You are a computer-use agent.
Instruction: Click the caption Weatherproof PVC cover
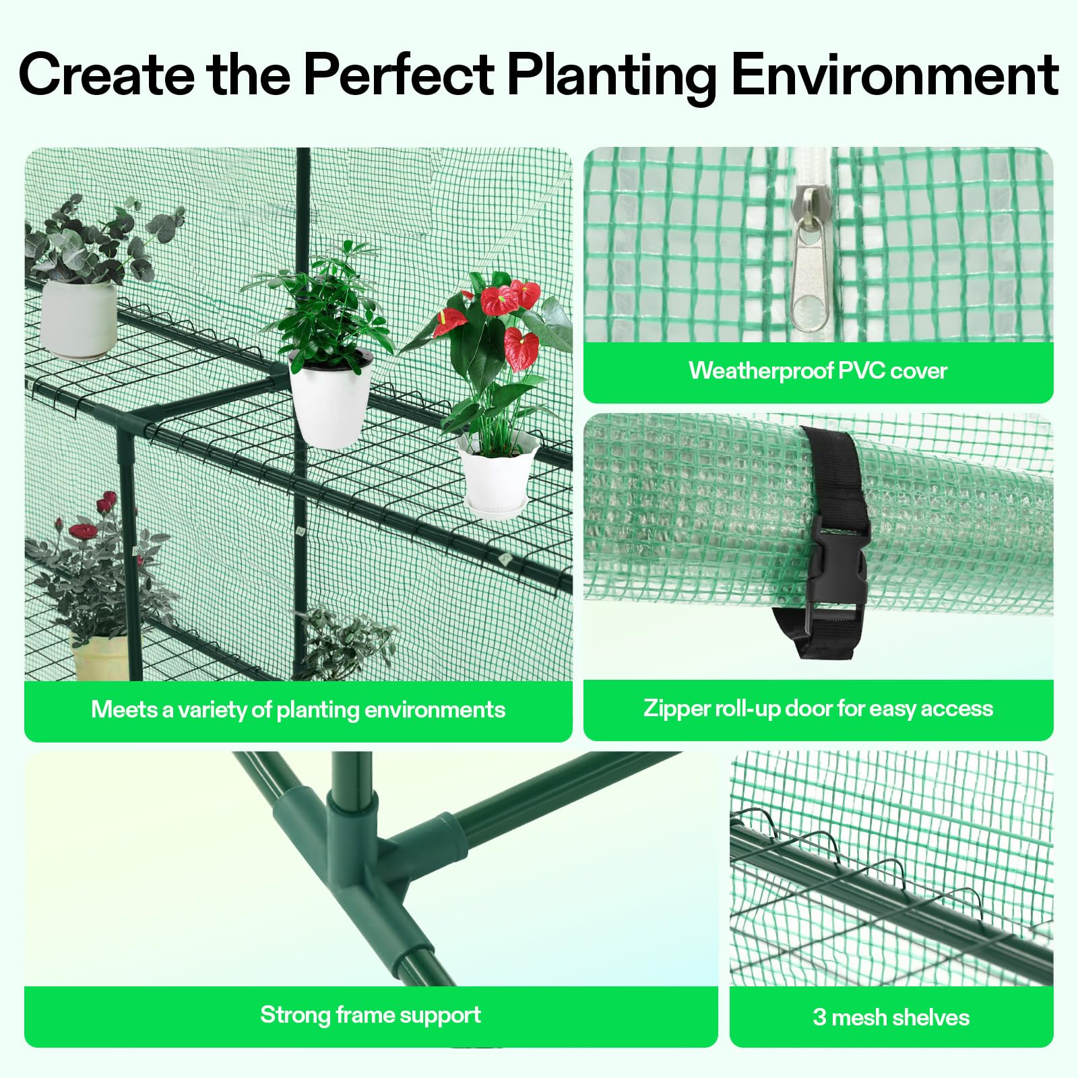coord(818,371)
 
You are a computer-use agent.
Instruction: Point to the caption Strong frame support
coord(371,1015)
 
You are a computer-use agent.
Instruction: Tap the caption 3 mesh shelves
coord(891,1017)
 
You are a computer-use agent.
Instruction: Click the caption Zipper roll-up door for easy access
coord(818,708)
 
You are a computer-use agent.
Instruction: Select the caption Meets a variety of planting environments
coord(298,709)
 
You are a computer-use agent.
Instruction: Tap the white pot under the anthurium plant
coord(497,466)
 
